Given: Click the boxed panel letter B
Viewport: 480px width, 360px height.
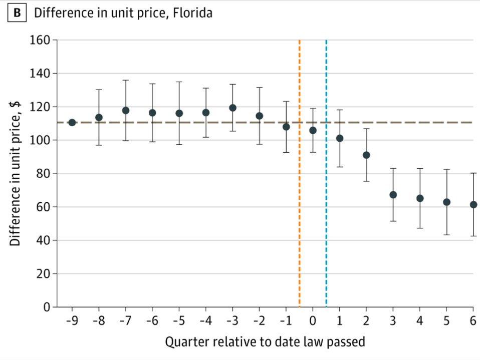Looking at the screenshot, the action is [x=17, y=13].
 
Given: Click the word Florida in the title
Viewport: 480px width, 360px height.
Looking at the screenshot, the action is [x=192, y=13].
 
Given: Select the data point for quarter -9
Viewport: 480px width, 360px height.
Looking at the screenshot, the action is [x=72, y=123].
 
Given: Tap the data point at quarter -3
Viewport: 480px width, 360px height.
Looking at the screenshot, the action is [x=232, y=108].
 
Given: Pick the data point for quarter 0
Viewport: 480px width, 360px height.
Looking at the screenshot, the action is [x=313, y=131].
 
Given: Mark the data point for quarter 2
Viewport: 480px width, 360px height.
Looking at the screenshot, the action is [x=366, y=155].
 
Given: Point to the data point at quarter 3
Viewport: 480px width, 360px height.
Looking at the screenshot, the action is [x=393, y=195].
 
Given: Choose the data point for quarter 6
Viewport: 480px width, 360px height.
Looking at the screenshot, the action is [x=473, y=205].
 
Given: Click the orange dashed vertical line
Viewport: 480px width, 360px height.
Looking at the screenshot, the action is [x=300, y=173].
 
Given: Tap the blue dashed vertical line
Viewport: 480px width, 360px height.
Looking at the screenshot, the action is [x=326, y=173].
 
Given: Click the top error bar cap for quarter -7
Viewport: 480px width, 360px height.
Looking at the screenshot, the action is [x=126, y=80].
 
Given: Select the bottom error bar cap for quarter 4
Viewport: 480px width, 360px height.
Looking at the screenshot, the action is [x=420, y=228].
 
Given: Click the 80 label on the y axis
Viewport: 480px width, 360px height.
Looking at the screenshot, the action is [x=43, y=174].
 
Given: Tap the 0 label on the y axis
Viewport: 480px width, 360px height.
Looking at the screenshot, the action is [x=47, y=307].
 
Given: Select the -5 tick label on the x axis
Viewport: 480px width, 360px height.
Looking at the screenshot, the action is [x=179, y=321].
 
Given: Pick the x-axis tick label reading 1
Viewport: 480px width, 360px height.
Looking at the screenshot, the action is [x=340, y=321].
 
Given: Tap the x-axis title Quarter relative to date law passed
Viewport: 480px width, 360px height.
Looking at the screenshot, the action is [x=265, y=341].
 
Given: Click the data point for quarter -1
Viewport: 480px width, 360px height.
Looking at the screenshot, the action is [x=286, y=127].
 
